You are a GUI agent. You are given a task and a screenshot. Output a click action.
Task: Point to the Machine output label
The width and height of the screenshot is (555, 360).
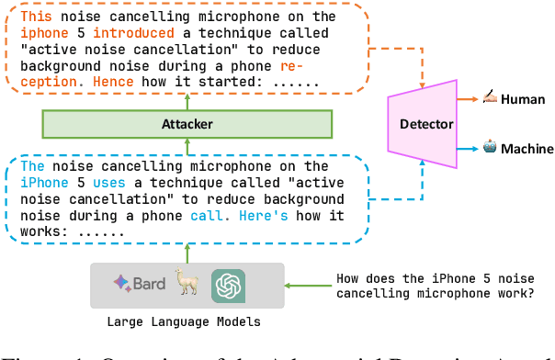pos(527,149)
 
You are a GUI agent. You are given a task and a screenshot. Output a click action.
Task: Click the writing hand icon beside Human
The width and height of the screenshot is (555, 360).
pos(491,97)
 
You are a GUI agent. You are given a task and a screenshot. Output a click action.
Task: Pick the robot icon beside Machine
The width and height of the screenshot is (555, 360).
pos(491,147)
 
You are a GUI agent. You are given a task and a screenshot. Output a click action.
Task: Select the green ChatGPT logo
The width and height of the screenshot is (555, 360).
pos(227,285)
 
